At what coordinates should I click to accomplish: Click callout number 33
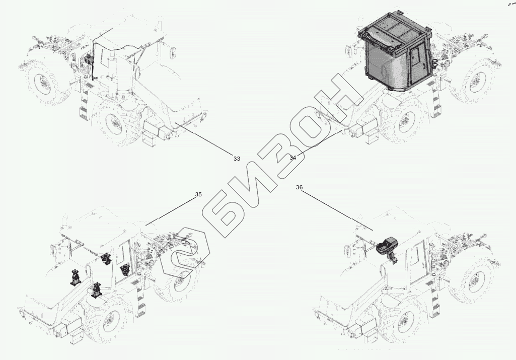tap(237, 159)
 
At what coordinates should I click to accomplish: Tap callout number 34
tap(293, 158)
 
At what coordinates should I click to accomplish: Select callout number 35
tap(198, 194)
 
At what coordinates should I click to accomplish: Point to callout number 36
tap(299, 187)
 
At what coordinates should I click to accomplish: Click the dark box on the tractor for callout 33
tap(88, 59)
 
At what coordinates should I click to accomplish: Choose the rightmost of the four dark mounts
tap(125, 269)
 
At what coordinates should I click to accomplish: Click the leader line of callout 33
tap(204, 138)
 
